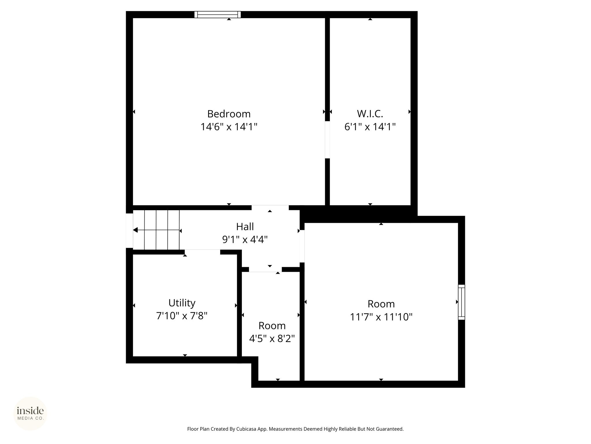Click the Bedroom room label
229,114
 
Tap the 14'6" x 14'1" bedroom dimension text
229,127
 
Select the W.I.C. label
370,114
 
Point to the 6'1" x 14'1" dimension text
370,127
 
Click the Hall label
245,227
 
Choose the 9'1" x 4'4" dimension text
245,239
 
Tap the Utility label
182,303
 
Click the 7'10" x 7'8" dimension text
182,316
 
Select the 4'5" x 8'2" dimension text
272,338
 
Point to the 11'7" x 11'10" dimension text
381,317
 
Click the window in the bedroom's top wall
217,14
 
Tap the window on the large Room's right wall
461,302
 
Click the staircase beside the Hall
156,230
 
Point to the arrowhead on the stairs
135,230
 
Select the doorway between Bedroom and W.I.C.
327,140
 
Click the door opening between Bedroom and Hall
270,208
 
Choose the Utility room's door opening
202,252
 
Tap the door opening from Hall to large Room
302,246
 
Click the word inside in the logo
30,411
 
